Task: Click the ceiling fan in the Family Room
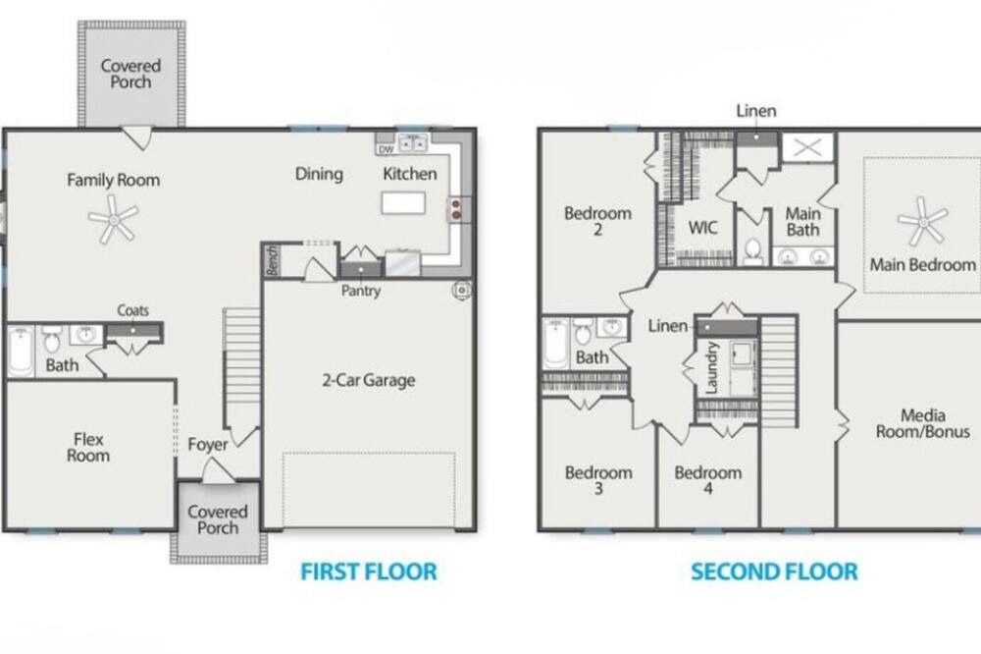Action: (x=113, y=219)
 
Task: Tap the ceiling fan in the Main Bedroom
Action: (x=923, y=222)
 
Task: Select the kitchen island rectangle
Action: (x=403, y=203)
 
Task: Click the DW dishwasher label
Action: (x=386, y=149)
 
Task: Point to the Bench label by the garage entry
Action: (x=272, y=260)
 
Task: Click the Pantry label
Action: (x=360, y=291)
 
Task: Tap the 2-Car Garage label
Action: (x=369, y=380)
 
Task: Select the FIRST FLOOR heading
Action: (x=369, y=572)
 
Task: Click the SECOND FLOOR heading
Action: (x=774, y=572)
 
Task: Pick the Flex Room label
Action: (x=88, y=447)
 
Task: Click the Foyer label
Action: (x=208, y=445)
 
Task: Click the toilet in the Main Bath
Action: (x=753, y=251)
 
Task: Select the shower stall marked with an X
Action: (x=807, y=148)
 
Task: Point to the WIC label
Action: (x=702, y=228)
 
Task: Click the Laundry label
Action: (x=711, y=367)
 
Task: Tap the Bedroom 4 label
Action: (x=708, y=480)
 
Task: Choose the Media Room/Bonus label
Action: (x=923, y=423)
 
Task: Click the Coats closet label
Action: (x=133, y=310)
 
